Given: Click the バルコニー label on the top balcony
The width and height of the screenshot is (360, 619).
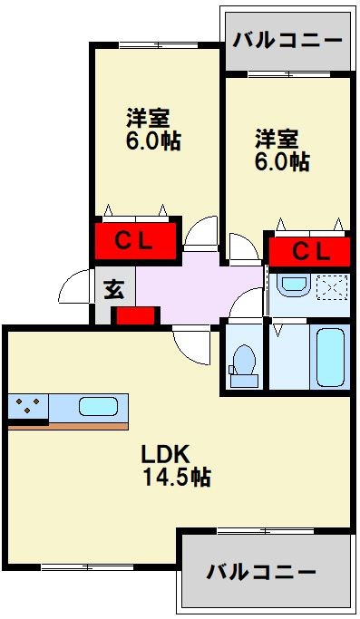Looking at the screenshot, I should click(287, 41).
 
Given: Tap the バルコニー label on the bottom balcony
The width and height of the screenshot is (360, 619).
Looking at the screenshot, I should click(261, 572).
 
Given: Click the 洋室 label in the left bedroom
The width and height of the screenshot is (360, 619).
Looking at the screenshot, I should click(148, 119).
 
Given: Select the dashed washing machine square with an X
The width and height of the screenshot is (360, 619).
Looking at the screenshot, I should click(331, 288).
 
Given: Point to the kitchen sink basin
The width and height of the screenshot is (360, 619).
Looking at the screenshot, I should click(98, 406).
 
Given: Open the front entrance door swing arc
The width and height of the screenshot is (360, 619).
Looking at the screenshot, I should click(76, 288).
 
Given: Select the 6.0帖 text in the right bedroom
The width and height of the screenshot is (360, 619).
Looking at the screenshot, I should click(282, 161).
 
